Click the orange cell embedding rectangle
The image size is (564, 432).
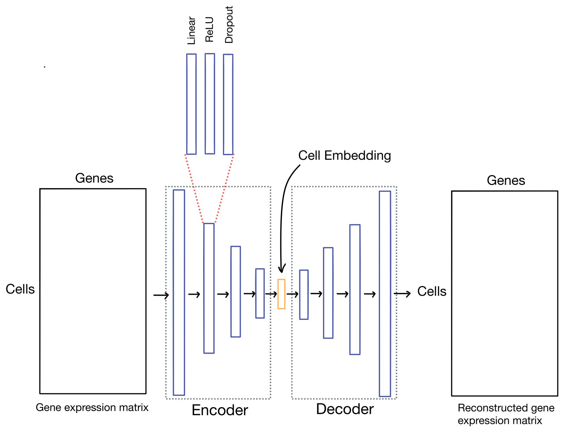pos(281,294)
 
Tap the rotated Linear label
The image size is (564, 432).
pos(191,30)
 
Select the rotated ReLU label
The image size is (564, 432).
pos(210,29)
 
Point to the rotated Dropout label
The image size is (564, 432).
pos(229,25)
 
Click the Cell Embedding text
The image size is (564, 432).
pos(344,155)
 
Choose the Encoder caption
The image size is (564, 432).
pos(220,410)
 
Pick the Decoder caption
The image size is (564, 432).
pos(345,409)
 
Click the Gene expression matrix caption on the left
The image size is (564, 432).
pos(92,407)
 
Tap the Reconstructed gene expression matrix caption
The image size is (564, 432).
pos(506,414)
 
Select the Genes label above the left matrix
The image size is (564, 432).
pos(94,178)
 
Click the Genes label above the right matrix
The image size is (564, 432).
pos(506,180)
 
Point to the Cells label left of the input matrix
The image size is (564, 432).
pos(20,289)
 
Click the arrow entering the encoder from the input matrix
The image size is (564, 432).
pos(161,295)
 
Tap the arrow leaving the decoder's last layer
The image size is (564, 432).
pos(402,294)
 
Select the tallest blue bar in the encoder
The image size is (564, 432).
pos(179,292)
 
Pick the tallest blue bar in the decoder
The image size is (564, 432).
pos(385,294)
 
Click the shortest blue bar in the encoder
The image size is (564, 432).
pos(260,293)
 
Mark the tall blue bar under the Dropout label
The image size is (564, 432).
pos(228,104)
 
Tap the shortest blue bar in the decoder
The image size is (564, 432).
pos(304,295)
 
